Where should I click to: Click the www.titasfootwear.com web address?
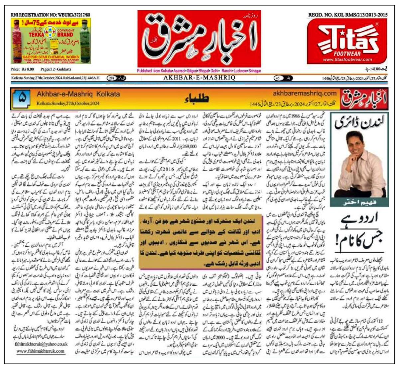click(x=347, y=60)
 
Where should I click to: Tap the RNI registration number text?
click(x=51, y=15)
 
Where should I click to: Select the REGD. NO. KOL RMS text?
click(x=348, y=15)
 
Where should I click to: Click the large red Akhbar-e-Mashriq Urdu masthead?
click(x=199, y=39)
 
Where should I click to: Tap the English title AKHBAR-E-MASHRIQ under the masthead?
click(x=199, y=78)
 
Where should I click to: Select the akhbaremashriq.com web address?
click(x=305, y=93)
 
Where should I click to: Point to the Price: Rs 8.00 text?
click(x=22, y=69)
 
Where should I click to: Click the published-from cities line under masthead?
click(x=199, y=71)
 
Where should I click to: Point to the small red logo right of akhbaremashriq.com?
click(x=364, y=98)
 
